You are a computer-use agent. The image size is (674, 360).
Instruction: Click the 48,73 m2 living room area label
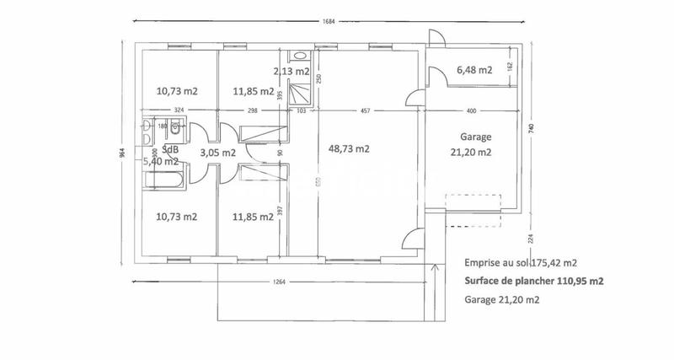tap(349, 148)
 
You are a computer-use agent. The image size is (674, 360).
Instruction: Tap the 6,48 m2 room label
tap(473, 71)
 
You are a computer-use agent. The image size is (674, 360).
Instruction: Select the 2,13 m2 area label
tap(292, 71)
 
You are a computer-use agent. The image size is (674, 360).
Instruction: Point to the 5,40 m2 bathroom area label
tap(160, 161)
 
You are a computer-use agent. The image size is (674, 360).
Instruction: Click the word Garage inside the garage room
tap(476, 137)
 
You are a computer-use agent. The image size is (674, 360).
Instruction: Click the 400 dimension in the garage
tap(471, 111)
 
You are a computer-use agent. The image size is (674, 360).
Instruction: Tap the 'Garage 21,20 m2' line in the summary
tap(501, 299)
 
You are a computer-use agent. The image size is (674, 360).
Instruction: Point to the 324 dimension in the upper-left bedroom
tap(179, 111)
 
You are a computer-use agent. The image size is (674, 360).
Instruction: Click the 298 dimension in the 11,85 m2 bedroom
tap(253, 111)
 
